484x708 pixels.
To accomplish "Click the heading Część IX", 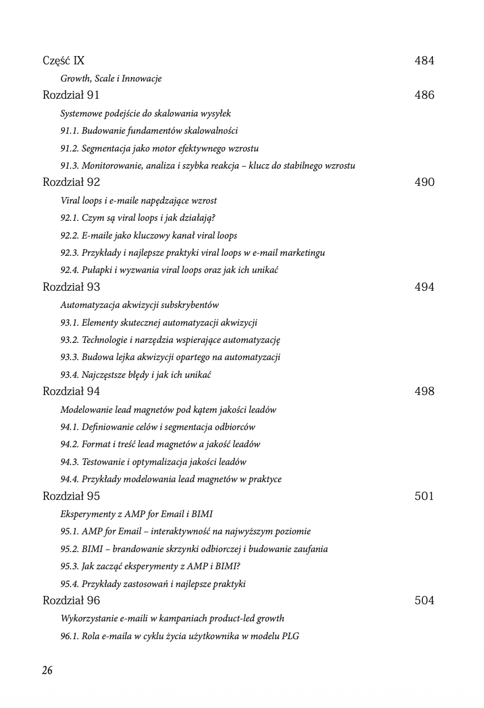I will coord(63,60).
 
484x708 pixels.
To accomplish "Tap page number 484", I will coord(424,60).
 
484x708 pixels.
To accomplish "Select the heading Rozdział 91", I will coord(71,95).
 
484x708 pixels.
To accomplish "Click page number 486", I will coord(424,95).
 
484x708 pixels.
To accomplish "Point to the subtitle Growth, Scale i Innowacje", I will coord(111,78).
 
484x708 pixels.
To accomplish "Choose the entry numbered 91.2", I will coord(159,148).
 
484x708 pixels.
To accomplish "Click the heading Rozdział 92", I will coord(71,182).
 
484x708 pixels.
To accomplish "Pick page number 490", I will coord(424,182).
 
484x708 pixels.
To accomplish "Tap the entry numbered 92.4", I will coord(169,270).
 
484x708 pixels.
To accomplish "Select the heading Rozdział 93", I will coord(71,287).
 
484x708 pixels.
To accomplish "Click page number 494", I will coord(424,287).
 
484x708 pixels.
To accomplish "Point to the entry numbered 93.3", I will coord(170,357).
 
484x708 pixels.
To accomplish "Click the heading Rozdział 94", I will coord(71,391).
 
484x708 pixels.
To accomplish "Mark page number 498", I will coord(424,391).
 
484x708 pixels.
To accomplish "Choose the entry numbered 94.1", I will coord(158,427).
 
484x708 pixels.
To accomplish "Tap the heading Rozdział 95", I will coord(71,496).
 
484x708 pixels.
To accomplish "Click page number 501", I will coord(424,496).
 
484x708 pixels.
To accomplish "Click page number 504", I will coord(424,600).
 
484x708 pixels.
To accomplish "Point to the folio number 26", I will coord(47,670).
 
